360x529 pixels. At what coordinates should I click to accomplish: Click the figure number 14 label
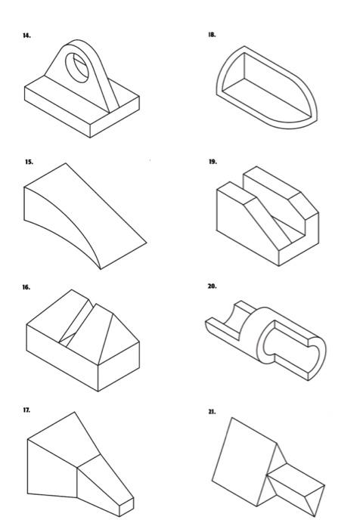click(26, 36)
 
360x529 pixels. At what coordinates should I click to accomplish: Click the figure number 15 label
click(29, 162)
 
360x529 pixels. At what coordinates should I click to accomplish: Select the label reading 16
click(26, 287)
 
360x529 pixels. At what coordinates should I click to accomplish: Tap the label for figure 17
click(26, 410)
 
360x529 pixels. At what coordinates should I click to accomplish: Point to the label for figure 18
click(213, 35)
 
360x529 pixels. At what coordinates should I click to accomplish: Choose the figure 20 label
click(213, 286)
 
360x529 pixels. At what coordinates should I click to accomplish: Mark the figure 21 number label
click(213, 412)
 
